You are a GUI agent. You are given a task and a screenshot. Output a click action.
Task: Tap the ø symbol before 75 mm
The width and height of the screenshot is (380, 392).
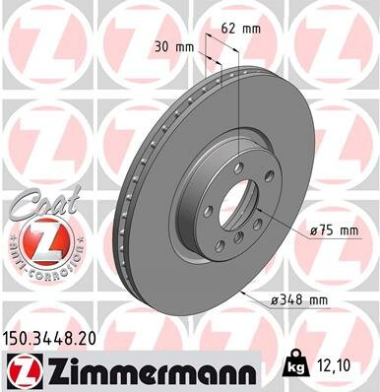314,229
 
